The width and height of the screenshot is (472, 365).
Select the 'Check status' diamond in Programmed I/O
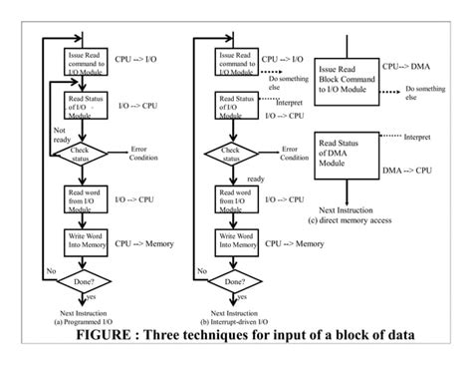(x=88, y=155)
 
